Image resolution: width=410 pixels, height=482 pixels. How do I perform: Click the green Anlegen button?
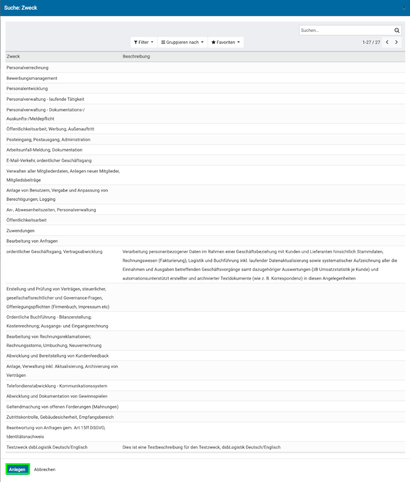18,469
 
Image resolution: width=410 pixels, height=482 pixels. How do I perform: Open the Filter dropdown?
143,42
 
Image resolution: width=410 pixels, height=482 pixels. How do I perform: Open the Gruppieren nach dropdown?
182,42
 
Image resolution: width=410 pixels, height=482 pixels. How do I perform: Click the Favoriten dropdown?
225,42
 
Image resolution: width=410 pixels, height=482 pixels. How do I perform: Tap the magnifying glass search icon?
396,30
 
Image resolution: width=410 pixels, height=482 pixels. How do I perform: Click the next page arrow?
396,42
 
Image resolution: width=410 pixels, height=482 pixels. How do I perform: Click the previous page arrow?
387,42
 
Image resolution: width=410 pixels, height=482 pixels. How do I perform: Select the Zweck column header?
14,57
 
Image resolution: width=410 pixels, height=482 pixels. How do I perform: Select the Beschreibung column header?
136,57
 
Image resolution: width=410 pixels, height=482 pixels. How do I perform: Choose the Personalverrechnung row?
27,68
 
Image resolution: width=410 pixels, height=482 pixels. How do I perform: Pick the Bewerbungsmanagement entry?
32,78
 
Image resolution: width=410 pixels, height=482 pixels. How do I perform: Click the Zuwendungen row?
20,231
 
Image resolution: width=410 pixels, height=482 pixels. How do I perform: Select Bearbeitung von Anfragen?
32,241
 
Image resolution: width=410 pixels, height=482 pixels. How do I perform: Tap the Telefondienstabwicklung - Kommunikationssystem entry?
57,386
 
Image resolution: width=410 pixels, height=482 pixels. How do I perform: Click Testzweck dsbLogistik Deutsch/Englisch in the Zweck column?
47,447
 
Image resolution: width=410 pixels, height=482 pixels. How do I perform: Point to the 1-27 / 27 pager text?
371,42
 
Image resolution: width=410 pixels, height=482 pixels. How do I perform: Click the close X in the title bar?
404,8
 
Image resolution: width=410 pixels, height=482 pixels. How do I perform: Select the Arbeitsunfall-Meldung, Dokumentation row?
44,150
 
